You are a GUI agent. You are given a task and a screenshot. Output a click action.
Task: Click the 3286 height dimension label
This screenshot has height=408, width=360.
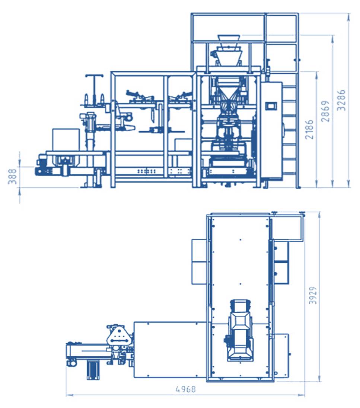tap(341, 100)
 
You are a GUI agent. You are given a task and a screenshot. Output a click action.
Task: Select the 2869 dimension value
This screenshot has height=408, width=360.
tap(325, 111)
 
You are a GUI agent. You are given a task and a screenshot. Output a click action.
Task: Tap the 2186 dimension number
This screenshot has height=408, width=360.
tap(309, 129)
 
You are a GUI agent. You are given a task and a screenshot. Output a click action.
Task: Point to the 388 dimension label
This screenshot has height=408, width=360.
tap(12, 176)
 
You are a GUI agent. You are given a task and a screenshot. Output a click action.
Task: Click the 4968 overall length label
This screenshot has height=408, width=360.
tap(186, 389)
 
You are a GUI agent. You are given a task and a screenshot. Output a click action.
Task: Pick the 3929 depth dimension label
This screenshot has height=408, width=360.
tap(313, 295)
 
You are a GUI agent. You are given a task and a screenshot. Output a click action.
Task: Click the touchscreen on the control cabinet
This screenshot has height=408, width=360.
tap(271, 106)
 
